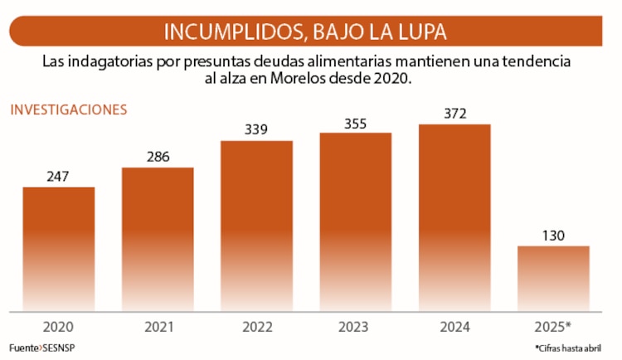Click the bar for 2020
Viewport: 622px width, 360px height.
(58, 249)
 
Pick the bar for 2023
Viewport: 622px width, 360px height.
(355, 221)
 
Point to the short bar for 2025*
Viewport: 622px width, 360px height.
(553, 278)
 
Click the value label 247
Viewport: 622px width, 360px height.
(58, 176)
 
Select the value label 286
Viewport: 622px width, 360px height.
(158, 156)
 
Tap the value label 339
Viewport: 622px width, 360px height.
(256, 129)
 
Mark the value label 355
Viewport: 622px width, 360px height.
(355, 122)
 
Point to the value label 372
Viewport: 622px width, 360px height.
(454, 113)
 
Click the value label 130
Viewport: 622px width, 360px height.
(553, 235)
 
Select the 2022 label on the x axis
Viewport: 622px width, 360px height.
(257, 327)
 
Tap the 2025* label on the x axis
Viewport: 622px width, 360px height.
(553, 327)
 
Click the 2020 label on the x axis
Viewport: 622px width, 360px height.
(58, 327)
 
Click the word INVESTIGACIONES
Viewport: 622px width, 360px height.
(68, 109)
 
